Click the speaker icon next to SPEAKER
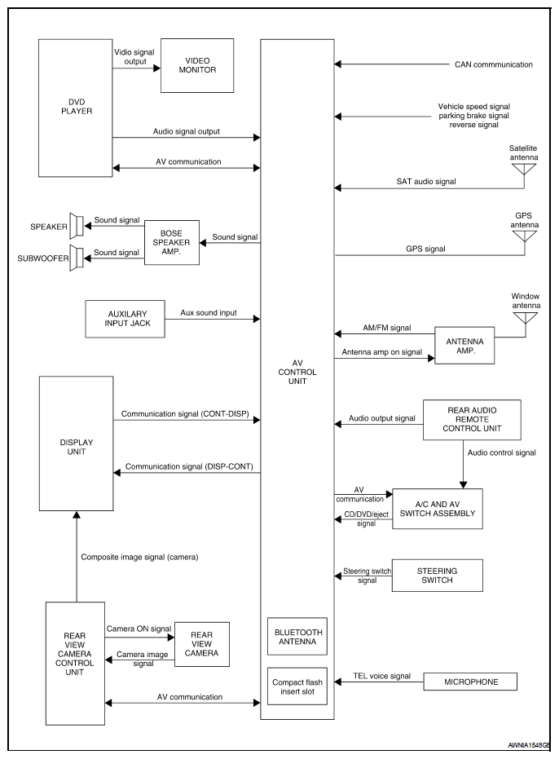pos(77,226)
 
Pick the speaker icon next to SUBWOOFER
pos(77,258)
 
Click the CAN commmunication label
pos(493,64)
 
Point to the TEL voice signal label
pos(381,676)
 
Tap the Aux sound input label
pos(209,313)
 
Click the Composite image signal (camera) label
pos(139,557)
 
